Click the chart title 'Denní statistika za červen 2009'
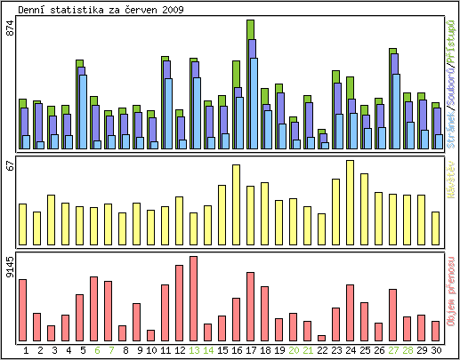(101, 9)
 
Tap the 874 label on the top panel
(11, 28)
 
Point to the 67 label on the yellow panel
(11, 166)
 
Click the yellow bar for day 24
(350, 201)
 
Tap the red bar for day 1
(22, 309)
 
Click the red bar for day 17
(250, 306)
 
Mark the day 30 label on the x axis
(436, 350)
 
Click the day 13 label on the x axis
(193, 350)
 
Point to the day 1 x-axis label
(26, 350)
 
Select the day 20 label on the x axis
(293, 350)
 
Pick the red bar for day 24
(350, 312)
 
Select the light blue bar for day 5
(83, 111)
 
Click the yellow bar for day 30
(435, 227)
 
